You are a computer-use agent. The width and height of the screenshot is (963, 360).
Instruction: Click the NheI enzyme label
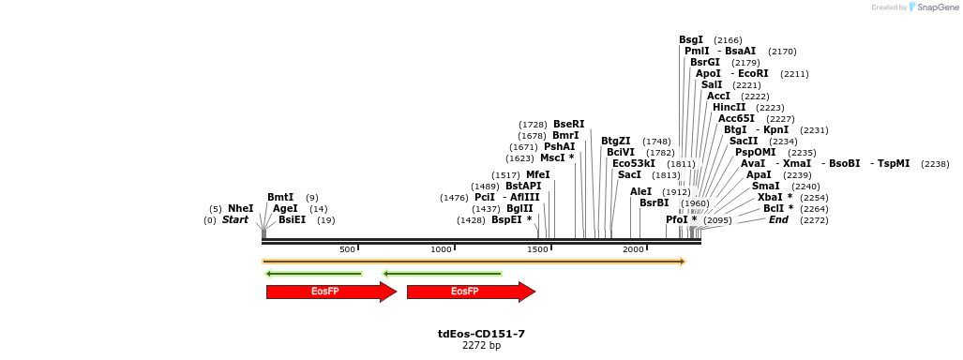pos(240,208)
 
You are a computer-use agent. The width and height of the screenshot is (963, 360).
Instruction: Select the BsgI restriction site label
pos(691,39)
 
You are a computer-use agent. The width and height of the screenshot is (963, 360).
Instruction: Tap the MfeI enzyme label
pos(538,174)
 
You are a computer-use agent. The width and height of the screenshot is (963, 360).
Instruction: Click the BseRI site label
pos(568,124)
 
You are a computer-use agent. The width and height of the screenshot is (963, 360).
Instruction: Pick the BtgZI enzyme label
pos(616,141)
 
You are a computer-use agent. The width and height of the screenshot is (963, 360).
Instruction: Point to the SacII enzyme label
pos(744,141)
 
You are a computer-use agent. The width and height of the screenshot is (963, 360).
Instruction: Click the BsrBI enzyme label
pos(655,202)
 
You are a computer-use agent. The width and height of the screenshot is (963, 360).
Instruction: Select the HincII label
pos(730,107)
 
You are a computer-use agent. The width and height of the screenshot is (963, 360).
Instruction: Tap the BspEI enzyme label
pos(507,219)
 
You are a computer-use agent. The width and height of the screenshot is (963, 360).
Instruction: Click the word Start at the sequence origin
pos(235,219)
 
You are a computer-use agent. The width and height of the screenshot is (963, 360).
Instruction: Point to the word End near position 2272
pos(778,219)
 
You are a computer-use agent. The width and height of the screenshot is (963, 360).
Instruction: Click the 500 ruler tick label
pos(347,249)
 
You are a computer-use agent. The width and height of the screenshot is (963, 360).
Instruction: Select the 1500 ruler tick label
pos(537,249)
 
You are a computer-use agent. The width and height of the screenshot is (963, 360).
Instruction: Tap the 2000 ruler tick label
pos(634,249)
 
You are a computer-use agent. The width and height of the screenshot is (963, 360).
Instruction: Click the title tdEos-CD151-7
pos(481,334)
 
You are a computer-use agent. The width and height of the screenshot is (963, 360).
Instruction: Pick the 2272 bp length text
pos(481,346)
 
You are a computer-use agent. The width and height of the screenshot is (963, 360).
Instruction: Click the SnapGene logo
pos(930,7)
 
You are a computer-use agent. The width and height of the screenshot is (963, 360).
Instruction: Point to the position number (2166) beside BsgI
pos(728,40)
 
